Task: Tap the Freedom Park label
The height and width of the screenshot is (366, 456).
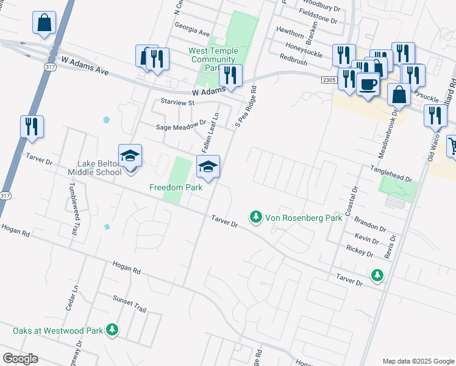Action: coord(176,188)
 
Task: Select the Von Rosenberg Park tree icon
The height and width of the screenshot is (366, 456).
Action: coord(256,217)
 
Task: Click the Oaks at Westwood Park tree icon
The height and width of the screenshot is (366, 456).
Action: coord(112,331)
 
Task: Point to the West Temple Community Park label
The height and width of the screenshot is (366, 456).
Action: coord(213,59)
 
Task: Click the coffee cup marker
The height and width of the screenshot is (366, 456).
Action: coord(368,84)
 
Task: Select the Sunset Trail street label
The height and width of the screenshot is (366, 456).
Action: coord(129,303)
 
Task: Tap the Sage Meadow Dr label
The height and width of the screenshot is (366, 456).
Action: coord(181,127)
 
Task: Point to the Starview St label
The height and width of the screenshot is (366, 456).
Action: coord(177,102)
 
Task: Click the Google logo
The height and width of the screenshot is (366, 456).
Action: coord(20,359)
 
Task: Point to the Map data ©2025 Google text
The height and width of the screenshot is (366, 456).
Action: coord(418,361)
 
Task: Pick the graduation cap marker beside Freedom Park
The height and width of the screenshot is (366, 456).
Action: coord(208,167)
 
